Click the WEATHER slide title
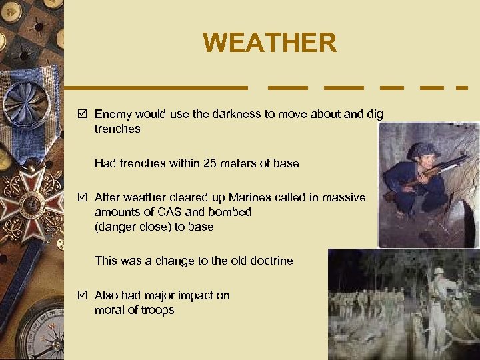coord(270,43)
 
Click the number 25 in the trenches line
coord(200,163)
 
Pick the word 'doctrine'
coord(271,261)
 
